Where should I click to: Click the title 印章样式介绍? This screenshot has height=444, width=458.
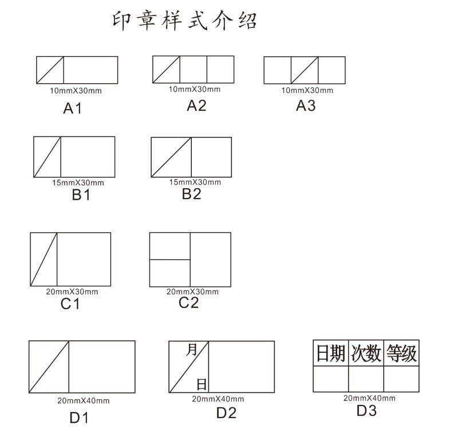(x=184, y=21)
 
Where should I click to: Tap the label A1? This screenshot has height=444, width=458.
(x=73, y=108)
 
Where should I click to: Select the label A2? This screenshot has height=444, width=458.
(x=196, y=105)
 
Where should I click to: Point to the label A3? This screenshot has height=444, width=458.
(x=306, y=106)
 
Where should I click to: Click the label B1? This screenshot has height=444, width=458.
(x=81, y=195)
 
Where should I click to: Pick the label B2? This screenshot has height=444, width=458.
(x=192, y=194)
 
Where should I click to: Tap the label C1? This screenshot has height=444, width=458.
(x=70, y=304)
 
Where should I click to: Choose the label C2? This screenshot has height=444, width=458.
(x=188, y=302)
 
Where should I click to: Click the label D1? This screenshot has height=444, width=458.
(x=80, y=418)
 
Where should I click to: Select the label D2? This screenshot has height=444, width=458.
(x=226, y=413)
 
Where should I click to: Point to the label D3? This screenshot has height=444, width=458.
(x=366, y=410)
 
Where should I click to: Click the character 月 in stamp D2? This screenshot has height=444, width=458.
(x=191, y=350)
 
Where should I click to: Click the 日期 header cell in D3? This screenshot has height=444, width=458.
(x=331, y=353)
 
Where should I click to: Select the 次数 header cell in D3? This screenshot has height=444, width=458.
(x=366, y=353)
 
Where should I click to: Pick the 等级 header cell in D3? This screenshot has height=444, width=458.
(x=401, y=353)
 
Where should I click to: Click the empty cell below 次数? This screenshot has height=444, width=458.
(x=366, y=379)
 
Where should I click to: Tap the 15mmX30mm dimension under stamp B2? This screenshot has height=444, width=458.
(x=195, y=182)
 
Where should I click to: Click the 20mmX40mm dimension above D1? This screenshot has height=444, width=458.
(x=84, y=400)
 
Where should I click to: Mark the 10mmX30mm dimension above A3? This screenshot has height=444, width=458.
(x=307, y=91)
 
